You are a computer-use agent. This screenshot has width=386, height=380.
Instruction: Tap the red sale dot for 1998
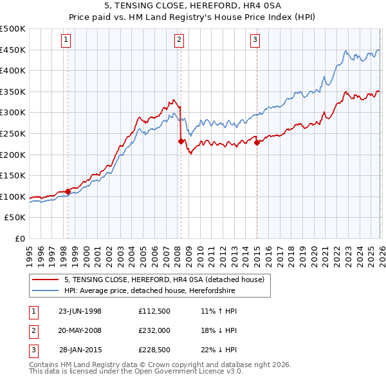[68, 191]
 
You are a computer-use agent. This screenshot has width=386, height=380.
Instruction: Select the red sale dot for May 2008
[181, 141]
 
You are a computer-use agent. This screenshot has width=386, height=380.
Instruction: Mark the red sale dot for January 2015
[257, 142]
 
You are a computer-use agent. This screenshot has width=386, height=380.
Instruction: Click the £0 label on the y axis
[21, 238]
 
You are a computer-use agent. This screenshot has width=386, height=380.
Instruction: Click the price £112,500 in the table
[154, 311]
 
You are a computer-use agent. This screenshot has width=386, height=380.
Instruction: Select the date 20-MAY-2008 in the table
[80, 330]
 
